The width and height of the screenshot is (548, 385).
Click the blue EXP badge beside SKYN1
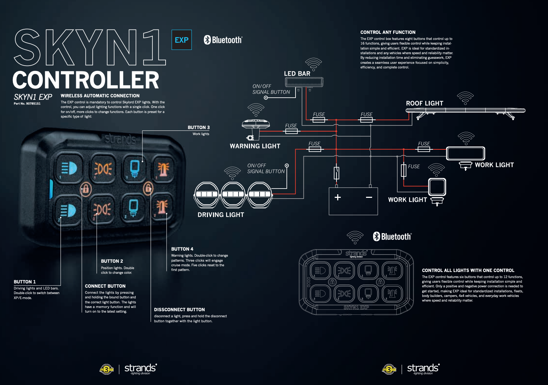(x=182, y=40)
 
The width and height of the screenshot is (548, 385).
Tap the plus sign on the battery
(x=338, y=197)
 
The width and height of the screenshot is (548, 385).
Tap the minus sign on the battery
(x=369, y=197)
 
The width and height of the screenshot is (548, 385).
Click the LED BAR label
(x=297, y=73)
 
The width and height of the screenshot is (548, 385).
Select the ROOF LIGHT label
(x=424, y=103)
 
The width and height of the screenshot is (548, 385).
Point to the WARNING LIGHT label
(x=255, y=146)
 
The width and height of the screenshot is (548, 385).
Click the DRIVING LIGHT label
(x=221, y=215)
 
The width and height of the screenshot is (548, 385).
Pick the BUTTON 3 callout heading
(x=199, y=127)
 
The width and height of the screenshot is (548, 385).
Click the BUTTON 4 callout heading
(x=182, y=249)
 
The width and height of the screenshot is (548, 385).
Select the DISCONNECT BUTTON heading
(x=179, y=309)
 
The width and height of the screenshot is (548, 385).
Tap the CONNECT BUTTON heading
(x=105, y=286)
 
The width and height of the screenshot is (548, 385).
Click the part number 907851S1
(x=27, y=104)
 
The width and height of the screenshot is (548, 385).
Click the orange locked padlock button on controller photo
(x=86, y=189)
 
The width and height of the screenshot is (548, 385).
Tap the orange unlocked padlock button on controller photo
(x=148, y=188)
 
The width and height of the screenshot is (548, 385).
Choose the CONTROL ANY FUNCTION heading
(x=388, y=32)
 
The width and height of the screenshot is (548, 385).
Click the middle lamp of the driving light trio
(x=233, y=194)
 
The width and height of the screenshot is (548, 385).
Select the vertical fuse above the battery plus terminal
(x=336, y=173)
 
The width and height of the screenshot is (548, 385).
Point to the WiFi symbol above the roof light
(x=465, y=98)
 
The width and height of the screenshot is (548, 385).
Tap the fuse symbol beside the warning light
(x=291, y=131)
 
